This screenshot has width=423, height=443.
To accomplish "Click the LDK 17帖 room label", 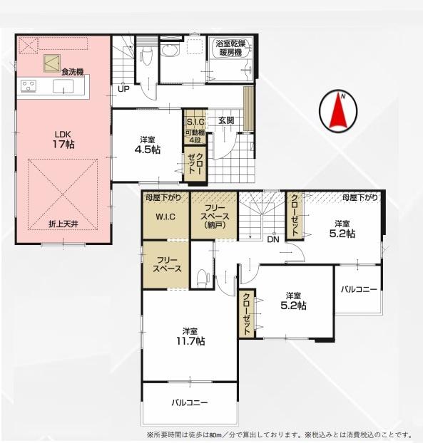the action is tap(63, 140).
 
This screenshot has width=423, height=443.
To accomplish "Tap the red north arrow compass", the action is tap(338, 111).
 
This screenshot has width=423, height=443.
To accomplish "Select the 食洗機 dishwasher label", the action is tap(73, 72).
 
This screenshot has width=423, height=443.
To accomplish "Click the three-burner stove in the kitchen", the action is tap(29, 86).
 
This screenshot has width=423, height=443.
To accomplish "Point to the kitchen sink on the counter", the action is tap(63, 86).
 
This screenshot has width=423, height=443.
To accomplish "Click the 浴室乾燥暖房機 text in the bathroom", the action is tap(230, 48).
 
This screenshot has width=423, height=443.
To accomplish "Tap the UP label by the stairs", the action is tap(123, 89).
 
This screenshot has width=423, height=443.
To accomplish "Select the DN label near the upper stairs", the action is tap(273, 239).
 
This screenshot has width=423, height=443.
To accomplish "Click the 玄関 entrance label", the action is tap(226, 120).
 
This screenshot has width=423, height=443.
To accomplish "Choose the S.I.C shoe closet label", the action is tap(195, 122).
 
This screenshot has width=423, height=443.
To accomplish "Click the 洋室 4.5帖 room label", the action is tap(148, 145).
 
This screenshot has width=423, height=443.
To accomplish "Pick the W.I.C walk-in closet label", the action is tap(165, 217).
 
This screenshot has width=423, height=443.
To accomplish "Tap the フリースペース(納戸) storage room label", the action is tap(215, 217).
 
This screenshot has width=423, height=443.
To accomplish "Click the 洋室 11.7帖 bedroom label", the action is tap(190, 336).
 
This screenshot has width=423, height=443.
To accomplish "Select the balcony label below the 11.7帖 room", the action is tap(190, 402).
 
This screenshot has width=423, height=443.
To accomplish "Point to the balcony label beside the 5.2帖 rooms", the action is tap(359, 289).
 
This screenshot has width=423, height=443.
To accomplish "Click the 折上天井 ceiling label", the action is tap(63, 224).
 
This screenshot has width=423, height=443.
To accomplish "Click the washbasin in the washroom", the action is tap(170, 51).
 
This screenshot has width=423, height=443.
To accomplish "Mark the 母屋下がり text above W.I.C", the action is tap(163, 197).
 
